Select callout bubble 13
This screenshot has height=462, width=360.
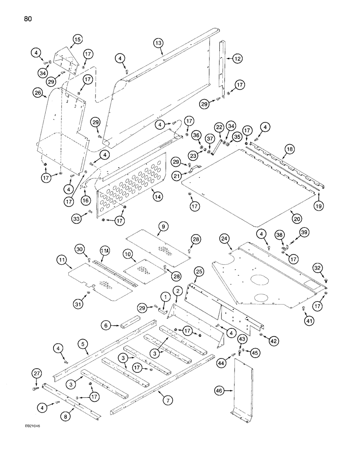pos(158,43)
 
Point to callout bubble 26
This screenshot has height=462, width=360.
pos(37,94)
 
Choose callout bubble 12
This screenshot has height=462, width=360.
pos(237,59)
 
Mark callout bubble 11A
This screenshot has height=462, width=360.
pos(104,250)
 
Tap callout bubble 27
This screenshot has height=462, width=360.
pos(37,373)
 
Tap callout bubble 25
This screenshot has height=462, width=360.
pos(198,272)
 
